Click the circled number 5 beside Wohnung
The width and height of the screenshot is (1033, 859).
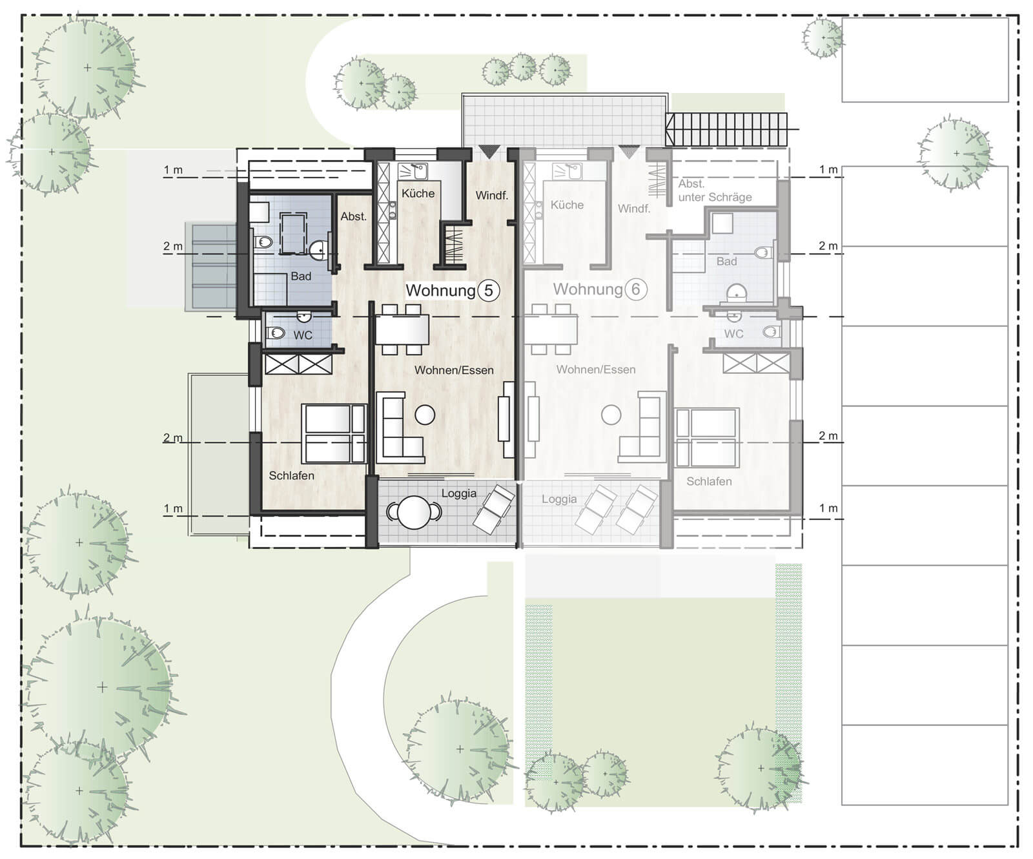coord(489,291)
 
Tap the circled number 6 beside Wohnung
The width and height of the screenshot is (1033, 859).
coord(635,289)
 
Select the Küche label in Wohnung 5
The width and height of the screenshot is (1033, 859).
coord(418,193)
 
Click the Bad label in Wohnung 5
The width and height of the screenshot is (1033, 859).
coord(301,276)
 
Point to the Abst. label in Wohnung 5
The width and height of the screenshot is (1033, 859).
coord(354,216)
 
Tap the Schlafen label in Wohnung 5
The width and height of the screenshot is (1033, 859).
coord(292,475)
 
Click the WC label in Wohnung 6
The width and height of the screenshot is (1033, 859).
coord(733,334)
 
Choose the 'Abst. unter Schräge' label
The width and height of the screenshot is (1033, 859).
coord(715,191)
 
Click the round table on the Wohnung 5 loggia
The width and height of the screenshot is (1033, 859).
coord(414,513)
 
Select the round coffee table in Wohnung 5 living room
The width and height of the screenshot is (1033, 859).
coord(425,415)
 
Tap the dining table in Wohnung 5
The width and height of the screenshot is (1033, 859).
coord(402,329)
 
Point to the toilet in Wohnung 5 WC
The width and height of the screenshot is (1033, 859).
coord(276,333)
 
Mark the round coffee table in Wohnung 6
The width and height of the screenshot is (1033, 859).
coord(611,415)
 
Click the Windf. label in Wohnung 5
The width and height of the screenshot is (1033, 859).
coord(492,195)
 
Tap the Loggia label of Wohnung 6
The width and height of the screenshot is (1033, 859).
coord(559,499)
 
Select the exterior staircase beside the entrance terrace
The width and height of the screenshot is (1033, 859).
coord(727,130)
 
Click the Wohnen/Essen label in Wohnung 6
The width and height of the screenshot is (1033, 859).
coord(596,369)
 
